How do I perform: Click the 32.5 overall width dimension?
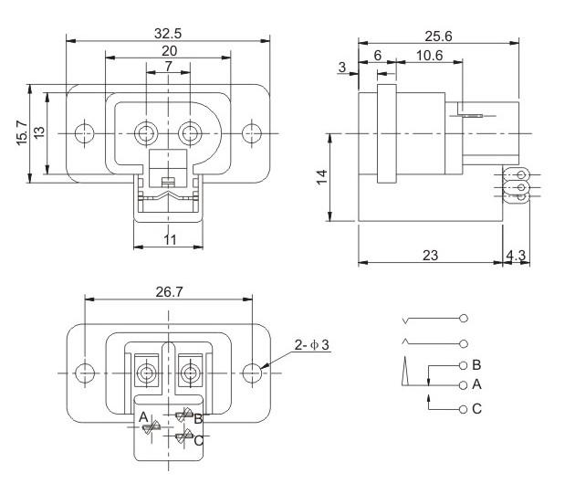[x=168, y=32]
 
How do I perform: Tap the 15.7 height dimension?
[x=21, y=133]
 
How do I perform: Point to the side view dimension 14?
[x=322, y=176]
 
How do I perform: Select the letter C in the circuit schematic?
[x=476, y=409]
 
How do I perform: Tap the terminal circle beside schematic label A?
[x=464, y=385]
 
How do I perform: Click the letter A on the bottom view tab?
[x=142, y=418]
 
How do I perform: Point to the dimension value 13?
[x=38, y=133]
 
